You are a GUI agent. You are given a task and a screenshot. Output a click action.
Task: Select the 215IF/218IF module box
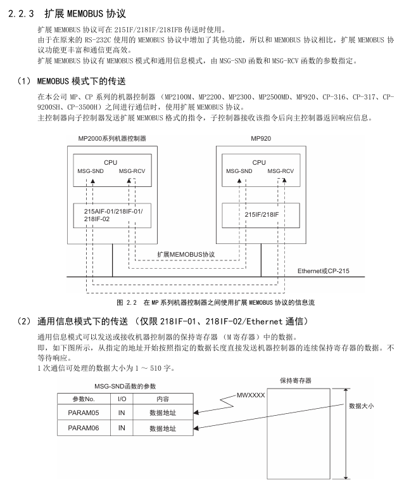click(260, 215)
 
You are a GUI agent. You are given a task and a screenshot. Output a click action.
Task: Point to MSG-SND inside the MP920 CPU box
click(239, 170)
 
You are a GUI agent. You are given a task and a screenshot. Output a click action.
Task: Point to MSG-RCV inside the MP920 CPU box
click(280, 170)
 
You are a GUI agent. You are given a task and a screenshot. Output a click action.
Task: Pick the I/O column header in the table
click(122, 399)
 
